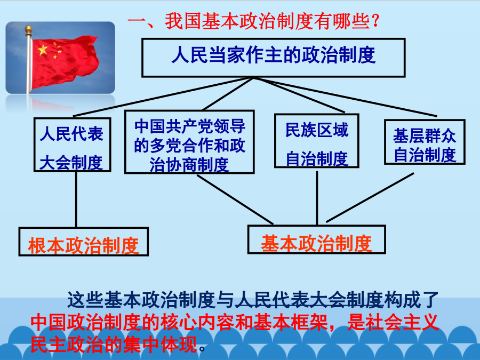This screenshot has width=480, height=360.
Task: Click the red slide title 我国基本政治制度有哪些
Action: pyautogui.click(x=253, y=21)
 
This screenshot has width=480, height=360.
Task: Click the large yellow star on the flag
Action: pyautogui.click(x=43, y=50)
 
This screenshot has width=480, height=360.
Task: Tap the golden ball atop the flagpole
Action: pyautogui.click(x=28, y=30)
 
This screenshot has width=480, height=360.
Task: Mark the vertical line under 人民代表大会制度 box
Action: pyautogui.click(x=76, y=199)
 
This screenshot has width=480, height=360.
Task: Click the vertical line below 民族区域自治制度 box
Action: pyautogui.click(x=317, y=198)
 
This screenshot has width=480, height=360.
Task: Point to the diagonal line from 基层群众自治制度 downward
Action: pyautogui.click(x=370, y=197)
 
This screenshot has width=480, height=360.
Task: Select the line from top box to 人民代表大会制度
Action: pyautogui.click(x=163, y=97)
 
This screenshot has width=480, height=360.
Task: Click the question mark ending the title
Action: pyautogui.click(x=375, y=21)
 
